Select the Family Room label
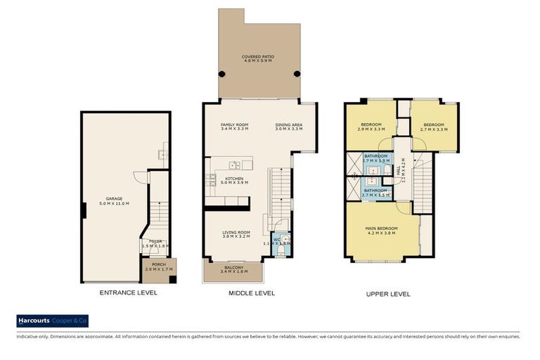[x=234, y=127]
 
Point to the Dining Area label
[x=288, y=127]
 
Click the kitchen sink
[x=234, y=166]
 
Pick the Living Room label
[x=236, y=235]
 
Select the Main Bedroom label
[x=381, y=231]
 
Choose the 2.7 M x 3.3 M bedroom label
[x=433, y=127]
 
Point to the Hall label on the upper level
[x=401, y=169]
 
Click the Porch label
[x=159, y=267]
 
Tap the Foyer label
[x=154, y=243]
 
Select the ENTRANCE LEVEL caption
[x=128, y=292]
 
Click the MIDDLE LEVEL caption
[x=251, y=292]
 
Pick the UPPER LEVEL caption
[x=387, y=294]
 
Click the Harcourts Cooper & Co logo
[x=53, y=321]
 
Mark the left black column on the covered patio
[x=222, y=73]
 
